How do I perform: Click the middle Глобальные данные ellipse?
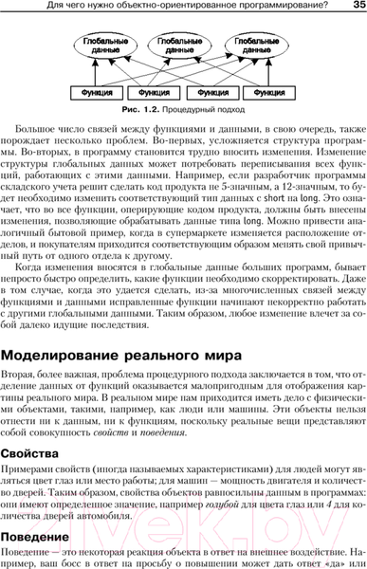pos(183,47)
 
